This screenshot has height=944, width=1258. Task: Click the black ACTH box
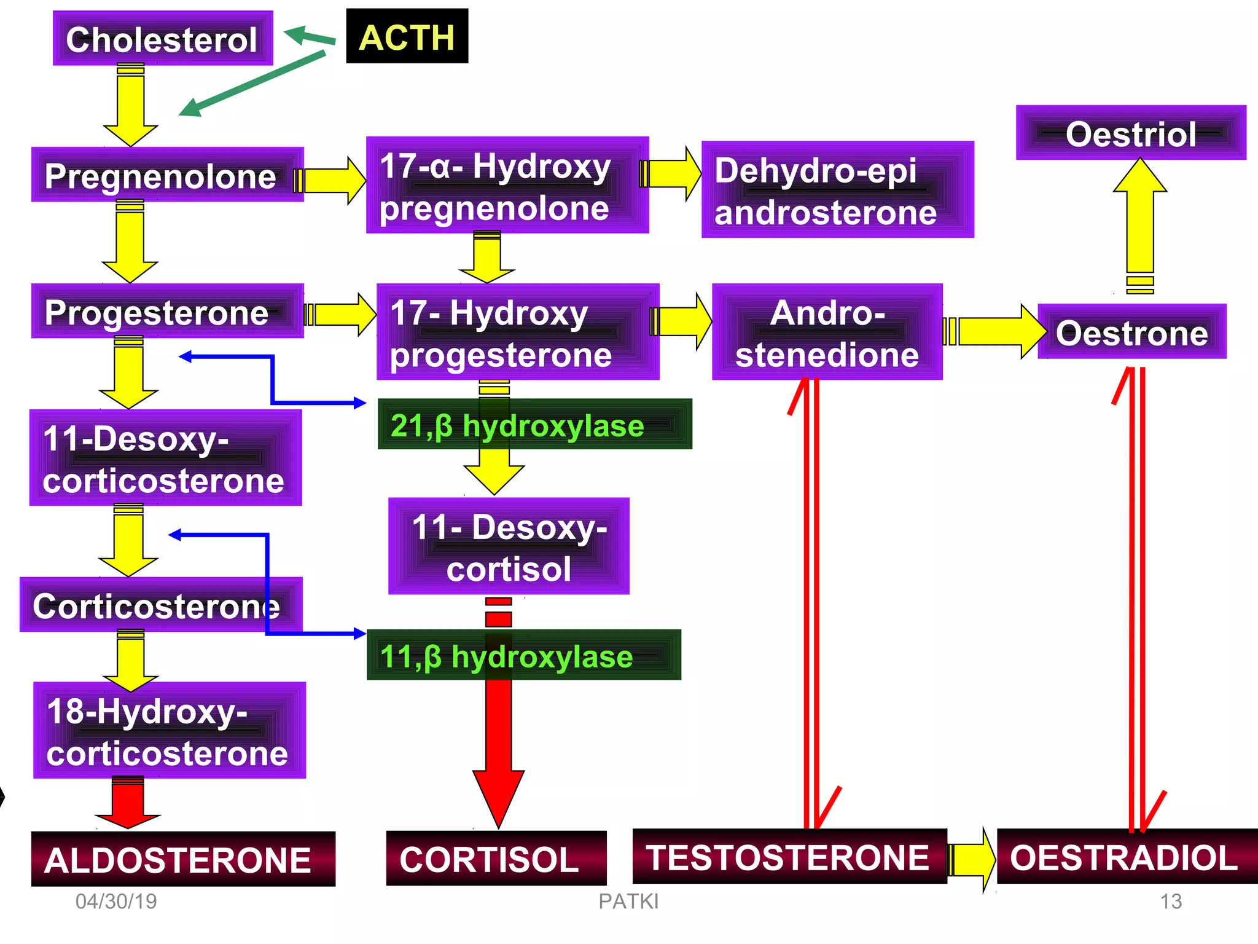coord(407,36)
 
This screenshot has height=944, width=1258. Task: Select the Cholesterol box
coord(162,39)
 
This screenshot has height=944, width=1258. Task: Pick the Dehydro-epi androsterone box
coord(837,190)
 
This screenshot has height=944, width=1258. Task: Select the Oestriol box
coord(1130,133)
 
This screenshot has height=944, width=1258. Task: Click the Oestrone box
coord(1131,332)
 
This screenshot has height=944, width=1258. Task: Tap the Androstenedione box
coord(827,332)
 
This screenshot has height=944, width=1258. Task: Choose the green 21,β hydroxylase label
coord(534,425)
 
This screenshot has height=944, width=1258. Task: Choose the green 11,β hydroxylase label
coord(523,655)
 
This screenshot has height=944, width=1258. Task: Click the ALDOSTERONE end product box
coord(183,859)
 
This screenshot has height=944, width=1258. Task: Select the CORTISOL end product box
coord(496,858)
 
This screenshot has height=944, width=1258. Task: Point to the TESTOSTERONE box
coord(789,857)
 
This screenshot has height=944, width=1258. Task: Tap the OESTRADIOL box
coord(1127,857)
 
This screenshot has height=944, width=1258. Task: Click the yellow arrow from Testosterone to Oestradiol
coord(971,859)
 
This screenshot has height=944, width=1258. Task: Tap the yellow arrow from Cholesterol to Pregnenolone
coord(130,104)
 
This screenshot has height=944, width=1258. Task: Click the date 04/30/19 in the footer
coord(116,902)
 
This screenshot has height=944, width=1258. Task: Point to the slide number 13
coord(1170,902)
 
